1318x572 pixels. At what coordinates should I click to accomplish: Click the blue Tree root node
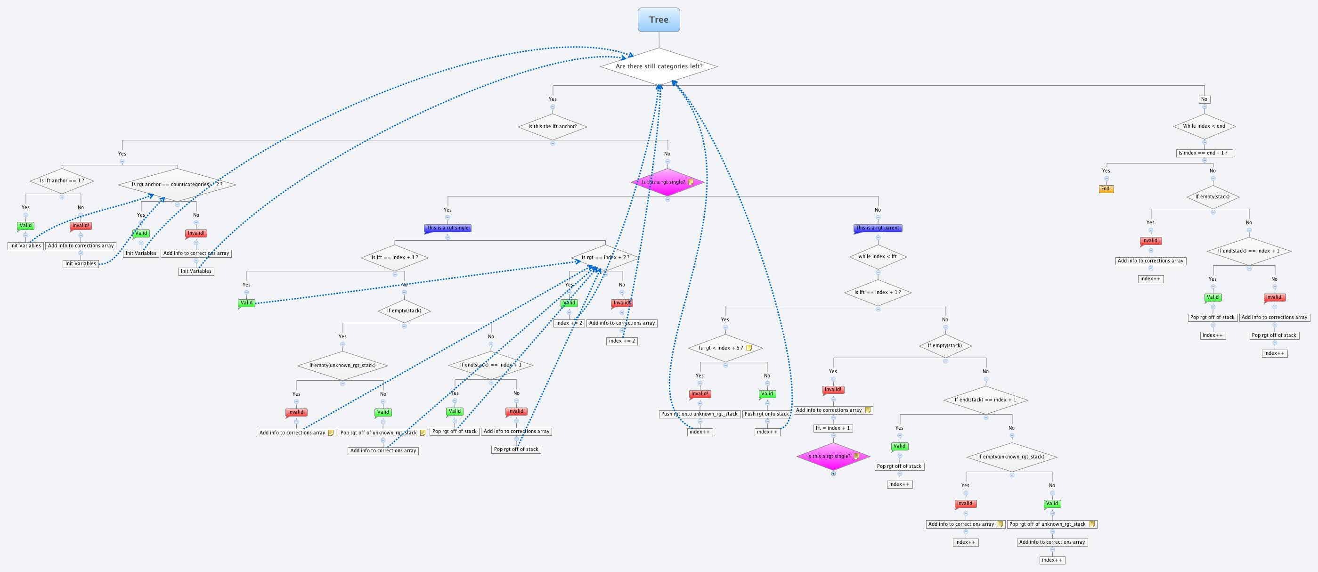click(x=659, y=20)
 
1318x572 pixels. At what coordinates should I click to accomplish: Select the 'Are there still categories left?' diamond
click(x=659, y=66)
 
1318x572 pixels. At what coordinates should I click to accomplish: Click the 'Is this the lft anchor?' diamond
click(x=552, y=126)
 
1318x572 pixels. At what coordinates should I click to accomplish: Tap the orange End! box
click(x=1106, y=189)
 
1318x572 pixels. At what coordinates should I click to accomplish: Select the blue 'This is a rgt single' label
click(x=447, y=228)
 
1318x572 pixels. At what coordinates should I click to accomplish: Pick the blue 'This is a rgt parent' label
click(x=878, y=228)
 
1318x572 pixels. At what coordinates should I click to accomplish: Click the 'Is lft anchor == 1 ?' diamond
click(x=61, y=180)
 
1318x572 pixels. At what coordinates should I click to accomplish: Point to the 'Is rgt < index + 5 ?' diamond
click(x=724, y=348)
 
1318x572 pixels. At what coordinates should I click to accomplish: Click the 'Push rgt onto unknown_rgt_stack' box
click(x=699, y=414)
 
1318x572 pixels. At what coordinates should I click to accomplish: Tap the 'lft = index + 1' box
click(x=832, y=428)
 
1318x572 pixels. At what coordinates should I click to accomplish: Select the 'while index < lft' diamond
click(x=878, y=256)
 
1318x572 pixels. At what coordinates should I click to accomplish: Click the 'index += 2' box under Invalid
click(x=621, y=341)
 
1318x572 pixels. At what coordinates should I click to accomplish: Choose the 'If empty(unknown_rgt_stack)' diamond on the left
click(x=342, y=365)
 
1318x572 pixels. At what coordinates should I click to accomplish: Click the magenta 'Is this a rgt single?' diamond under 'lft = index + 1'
click(x=832, y=457)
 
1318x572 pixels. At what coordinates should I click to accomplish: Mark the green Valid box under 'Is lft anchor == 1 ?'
click(x=25, y=226)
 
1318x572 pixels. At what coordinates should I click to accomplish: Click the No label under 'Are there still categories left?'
click(x=1204, y=99)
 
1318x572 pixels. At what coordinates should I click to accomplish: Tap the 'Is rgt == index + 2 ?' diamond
click(x=605, y=257)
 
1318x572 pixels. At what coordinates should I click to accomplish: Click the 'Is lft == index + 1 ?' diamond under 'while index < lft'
click(x=878, y=293)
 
